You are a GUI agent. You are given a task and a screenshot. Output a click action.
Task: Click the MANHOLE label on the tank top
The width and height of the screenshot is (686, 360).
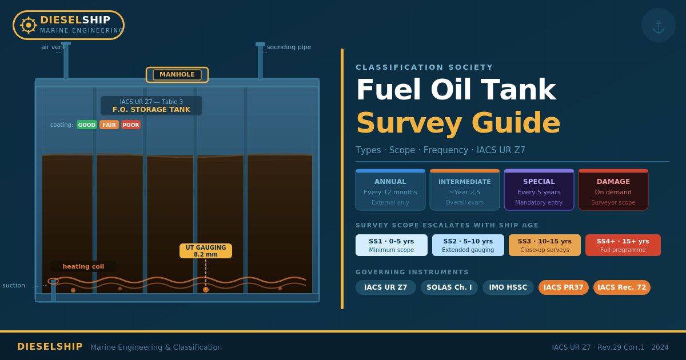(x=177, y=75)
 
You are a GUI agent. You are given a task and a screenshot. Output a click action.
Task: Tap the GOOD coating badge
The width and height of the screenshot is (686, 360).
(x=87, y=125)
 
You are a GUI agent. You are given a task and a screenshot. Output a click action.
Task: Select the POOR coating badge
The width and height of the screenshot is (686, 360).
(x=130, y=125)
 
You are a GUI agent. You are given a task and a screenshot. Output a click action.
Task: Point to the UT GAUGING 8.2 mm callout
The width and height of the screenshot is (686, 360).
(x=206, y=251)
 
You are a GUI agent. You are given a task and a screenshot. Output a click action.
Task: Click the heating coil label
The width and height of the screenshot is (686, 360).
(x=83, y=266)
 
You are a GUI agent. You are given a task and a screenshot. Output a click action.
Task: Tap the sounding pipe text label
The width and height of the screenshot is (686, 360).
(x=289, y=47)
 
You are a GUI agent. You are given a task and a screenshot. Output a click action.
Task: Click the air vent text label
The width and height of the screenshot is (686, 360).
(x=53, y=47)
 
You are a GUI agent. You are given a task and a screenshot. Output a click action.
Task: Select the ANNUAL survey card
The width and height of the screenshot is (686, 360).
(x=390, y=190)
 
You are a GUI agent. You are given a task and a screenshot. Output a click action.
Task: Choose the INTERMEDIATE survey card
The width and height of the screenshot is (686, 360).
(x=465, y=190)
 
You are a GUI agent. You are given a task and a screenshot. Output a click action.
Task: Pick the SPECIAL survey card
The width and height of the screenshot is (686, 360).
(x=539, y=190)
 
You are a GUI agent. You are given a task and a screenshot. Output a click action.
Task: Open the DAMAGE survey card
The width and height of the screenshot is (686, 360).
(x=613, y=190)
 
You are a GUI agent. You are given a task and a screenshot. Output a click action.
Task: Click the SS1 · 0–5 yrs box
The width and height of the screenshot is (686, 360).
(x=392, y=245)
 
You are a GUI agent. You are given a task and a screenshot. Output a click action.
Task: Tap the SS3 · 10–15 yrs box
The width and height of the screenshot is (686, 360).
(x=545, y=245)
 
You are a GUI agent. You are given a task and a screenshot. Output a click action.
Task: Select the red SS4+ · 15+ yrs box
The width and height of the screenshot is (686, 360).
(x=623, y=245)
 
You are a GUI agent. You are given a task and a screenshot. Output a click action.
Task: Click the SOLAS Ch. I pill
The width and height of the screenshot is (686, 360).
(x=449, y=287)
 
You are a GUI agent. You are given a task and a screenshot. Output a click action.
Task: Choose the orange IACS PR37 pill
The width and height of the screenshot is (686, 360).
(x=564, y=287)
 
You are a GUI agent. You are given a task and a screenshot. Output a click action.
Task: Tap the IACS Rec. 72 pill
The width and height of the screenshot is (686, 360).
(x=622, y=287)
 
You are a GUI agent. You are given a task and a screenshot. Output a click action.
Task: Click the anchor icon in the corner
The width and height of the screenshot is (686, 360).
(x=659, y=26)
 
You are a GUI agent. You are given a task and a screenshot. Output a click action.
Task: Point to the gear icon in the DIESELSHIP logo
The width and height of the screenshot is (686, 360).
(x=29, y=25)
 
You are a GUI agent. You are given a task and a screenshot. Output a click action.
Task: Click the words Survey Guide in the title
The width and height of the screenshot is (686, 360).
(x=458, y=123)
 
